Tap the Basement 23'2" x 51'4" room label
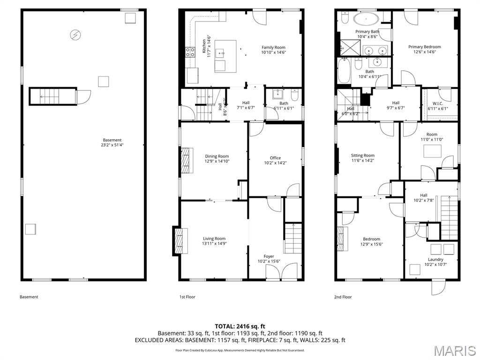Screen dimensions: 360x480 112,142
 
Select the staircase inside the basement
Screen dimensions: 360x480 52,96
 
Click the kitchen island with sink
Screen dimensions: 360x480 225,56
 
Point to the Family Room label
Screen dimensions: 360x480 273,50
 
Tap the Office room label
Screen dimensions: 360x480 275,160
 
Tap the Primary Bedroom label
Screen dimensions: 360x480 424,49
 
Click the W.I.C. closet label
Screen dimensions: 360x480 438,106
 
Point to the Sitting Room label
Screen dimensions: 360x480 363,158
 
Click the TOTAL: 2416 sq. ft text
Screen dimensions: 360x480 240,326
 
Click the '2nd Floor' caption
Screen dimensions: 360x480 343,297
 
